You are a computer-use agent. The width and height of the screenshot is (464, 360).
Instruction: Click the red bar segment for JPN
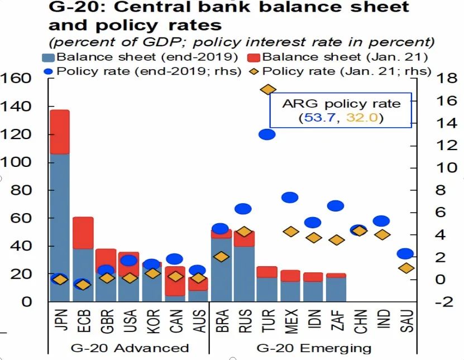coord(60,132)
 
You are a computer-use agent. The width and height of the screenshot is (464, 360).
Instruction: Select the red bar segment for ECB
coord(83,233)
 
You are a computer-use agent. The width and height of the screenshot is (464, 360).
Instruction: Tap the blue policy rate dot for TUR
coord(267,134)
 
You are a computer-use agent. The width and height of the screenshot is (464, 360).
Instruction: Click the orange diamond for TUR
coord(268,89)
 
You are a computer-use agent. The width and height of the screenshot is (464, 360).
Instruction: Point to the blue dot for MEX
coord(290,197)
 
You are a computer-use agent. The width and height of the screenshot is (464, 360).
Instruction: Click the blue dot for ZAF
coord(336,205)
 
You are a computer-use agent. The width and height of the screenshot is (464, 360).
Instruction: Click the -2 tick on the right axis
coord(444,302)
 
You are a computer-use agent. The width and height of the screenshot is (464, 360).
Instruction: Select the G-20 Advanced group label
coord(130,348)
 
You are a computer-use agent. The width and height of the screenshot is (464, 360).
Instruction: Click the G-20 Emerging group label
coord(314,348)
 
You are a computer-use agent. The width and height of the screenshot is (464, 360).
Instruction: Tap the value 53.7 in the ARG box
coord(314,118)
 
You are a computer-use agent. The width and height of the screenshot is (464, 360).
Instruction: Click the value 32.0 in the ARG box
coord(358,118)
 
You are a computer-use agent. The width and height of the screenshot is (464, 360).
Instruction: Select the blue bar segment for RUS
coord(244,273)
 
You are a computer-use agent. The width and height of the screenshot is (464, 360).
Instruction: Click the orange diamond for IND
coord(382,234)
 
